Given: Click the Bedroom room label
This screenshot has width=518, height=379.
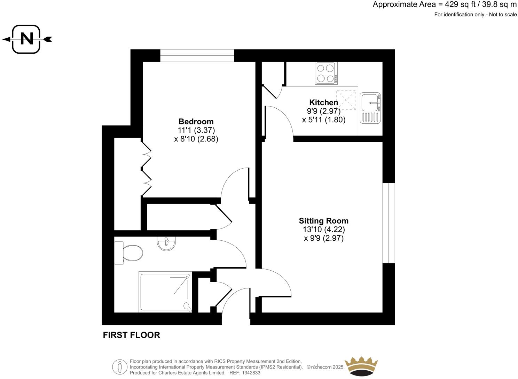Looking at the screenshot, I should click(196, 122).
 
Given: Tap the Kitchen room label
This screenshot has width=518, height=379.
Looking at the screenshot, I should click(323, 102).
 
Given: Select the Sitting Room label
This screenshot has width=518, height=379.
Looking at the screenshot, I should click(323, 221).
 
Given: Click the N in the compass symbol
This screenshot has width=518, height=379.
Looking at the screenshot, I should click(27, 39).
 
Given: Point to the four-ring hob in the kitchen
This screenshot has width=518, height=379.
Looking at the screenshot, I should click(326, 73).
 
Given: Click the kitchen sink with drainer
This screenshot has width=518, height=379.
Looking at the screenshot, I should click(370, 108).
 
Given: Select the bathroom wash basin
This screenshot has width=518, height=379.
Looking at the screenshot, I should click(167, 243).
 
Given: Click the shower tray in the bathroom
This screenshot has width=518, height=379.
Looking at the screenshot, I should click(165, 292).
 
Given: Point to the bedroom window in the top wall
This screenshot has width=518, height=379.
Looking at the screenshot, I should click(197, 55).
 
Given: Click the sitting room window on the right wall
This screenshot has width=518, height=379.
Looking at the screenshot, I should click(388, 223).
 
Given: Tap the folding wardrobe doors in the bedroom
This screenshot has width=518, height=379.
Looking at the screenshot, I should click(147, 168).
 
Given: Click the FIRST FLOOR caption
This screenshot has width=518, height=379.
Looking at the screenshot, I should click(132, 335).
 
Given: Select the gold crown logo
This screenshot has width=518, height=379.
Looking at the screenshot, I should click(361, 366).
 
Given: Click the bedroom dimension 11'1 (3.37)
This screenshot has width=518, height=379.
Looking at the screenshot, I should click(196, 130).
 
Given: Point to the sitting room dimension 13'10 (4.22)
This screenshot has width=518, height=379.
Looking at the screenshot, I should click(323, 230).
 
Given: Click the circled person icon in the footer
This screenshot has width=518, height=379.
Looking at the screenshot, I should click(120, 367).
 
